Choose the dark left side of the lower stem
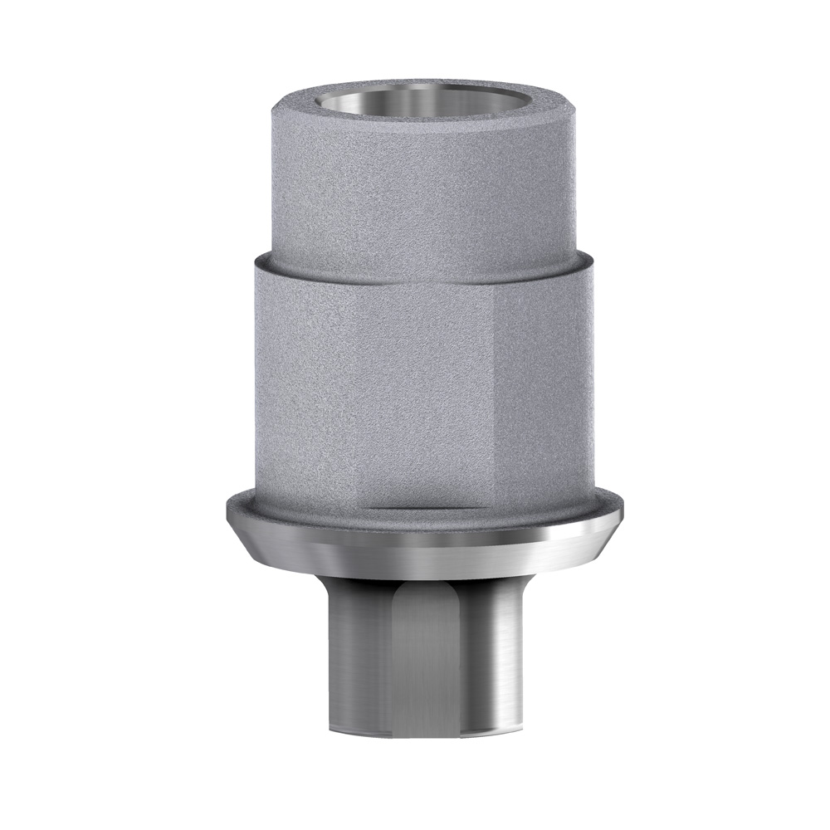click(349, 656)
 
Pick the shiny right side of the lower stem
click(498, 656)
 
